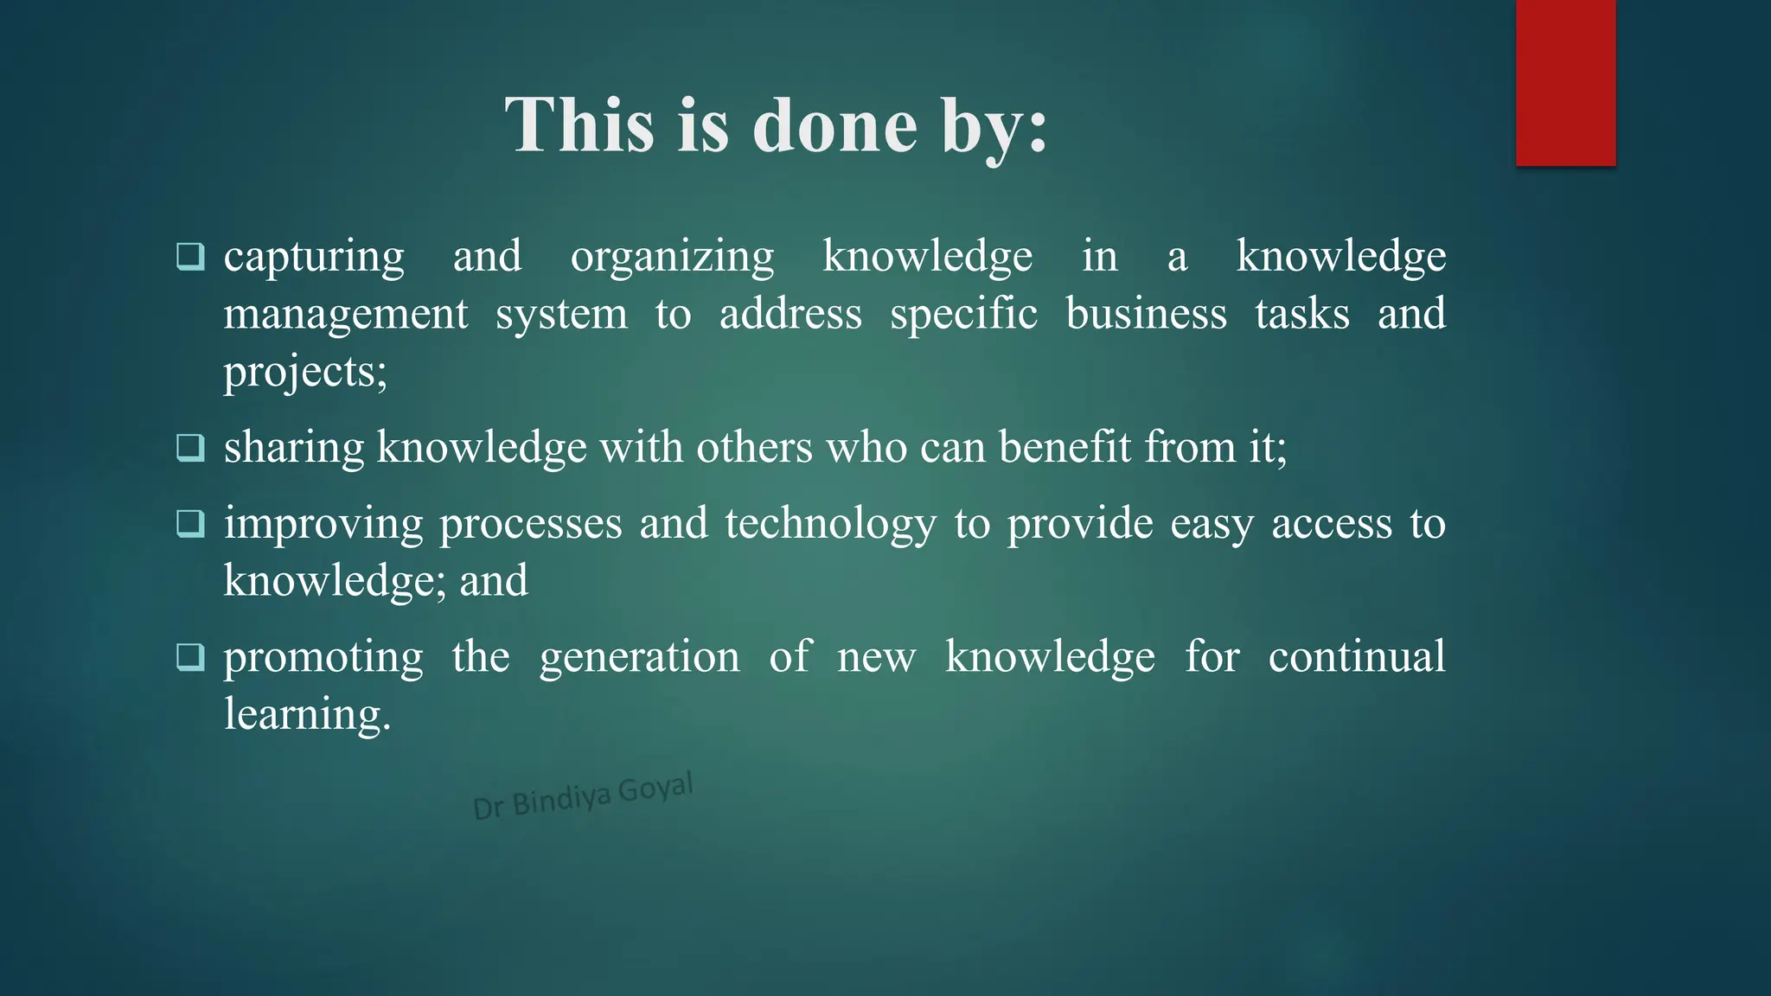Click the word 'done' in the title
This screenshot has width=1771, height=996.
pyautogui.click(x=834, y=126)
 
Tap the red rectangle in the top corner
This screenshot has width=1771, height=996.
pyautogui.click(x=1565, y=82)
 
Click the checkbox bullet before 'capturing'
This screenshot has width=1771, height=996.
pyautogui.click(x=190, y=257)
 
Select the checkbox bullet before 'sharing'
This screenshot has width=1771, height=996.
pyautogui.click(x=190, y=448)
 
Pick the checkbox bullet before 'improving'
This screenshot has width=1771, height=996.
pyautogui.click(x=190, y=524)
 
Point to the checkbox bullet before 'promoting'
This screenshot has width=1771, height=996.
pyautogui.click(x=190, y=657)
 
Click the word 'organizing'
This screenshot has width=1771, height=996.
pyautogui.click(x=672, y=258)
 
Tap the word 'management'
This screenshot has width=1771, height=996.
pyautogui.click(x=346, y=315)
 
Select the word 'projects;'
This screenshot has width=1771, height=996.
pyautogui.click(x=305, y=373)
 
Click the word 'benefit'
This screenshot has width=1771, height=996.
pyautogui.click(x=1065, y=448)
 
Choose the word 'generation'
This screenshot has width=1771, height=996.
pyautogui.click(x=640, y=657)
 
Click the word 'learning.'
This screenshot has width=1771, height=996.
pyautogui.click(x=307, y=715)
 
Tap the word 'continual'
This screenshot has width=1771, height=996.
pyautogui.click(x=1357, y=657)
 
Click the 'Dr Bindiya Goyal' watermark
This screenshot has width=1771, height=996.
pyautogui.click(x=583, y=795)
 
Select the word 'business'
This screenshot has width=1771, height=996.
pyautogui.click(x=1146, y=314)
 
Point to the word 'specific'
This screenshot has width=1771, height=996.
pyautogui.click(x=963, y=315)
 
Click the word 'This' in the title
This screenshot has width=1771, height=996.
pyautogui.click(x=579, y=126)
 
